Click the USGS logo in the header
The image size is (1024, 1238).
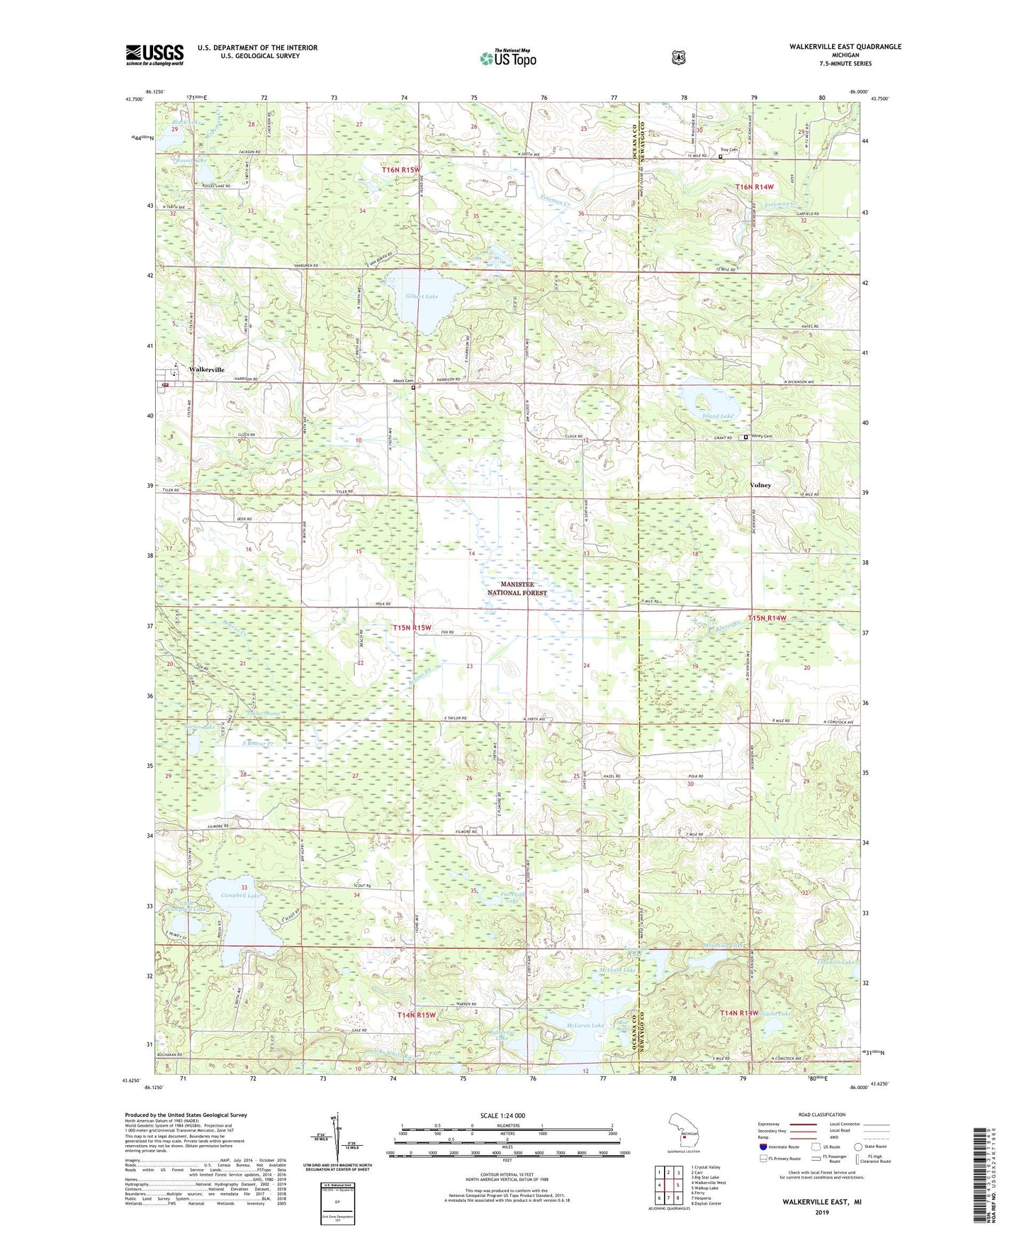point(154,55)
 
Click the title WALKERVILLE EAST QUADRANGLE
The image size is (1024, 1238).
point(845,47)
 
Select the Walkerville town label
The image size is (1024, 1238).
point(206,370)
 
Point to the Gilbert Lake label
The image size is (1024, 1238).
point(422,296)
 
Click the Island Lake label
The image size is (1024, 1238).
point(717,416)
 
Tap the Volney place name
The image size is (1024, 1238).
point(760,485)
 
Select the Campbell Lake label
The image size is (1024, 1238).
point(240,896)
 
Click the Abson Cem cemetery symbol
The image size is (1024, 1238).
point(413,388)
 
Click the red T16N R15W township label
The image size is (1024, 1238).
point(401,170)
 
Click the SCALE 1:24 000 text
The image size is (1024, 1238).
point(502,1115)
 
